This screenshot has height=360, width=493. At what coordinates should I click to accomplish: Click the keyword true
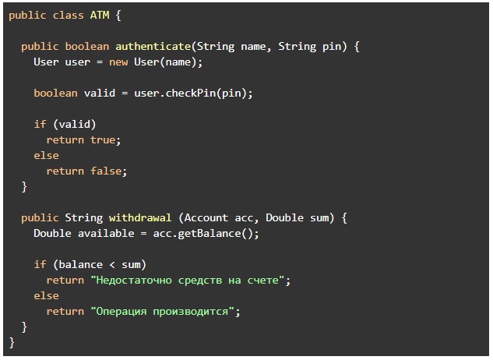[x=103, y=139]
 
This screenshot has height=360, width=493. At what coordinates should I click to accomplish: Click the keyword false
[x=106, y=171]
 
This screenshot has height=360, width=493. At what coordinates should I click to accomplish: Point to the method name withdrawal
[x=140, y=217]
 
